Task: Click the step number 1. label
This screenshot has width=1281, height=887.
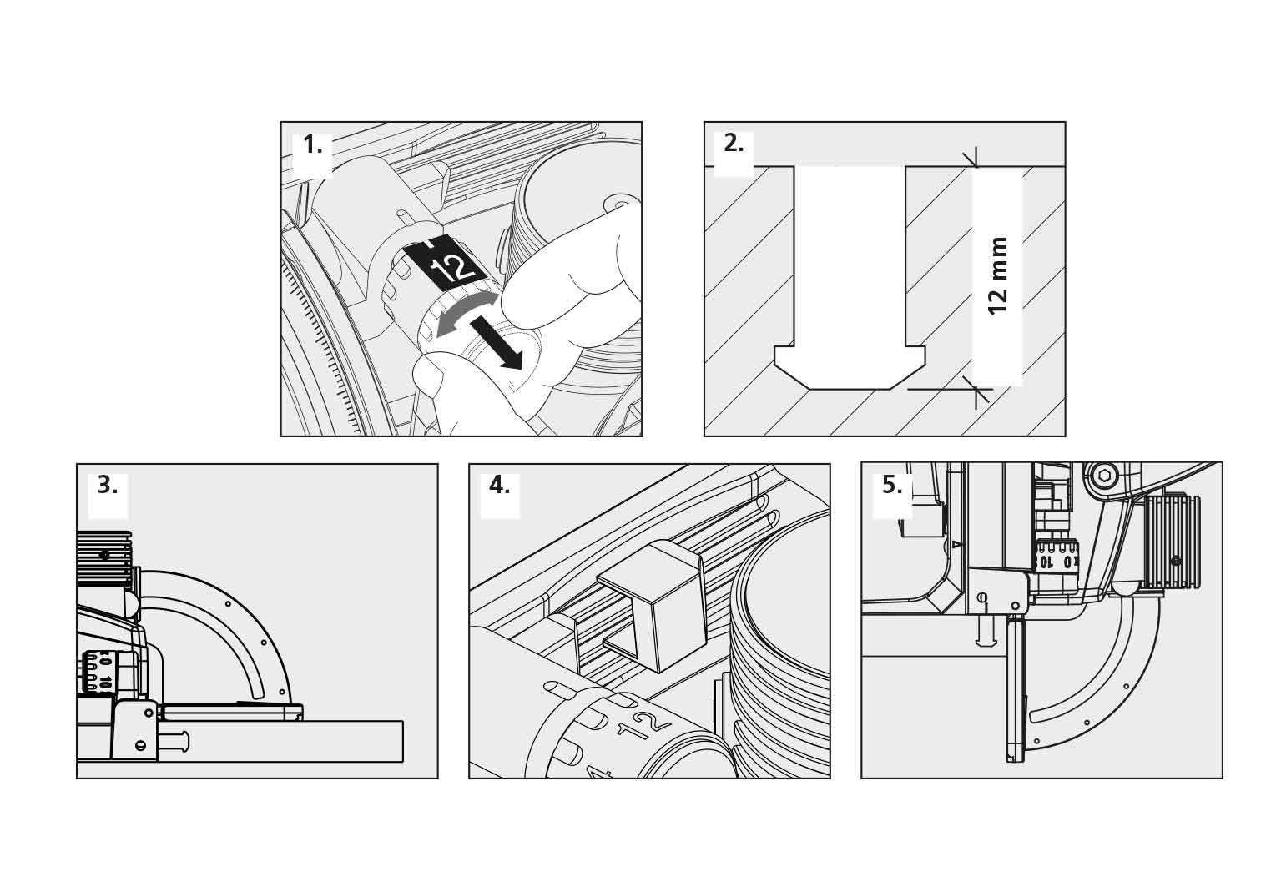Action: (312, 145)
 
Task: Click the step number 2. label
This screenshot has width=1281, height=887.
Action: (734, 144)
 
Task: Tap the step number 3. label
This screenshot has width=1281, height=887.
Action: (108, 485)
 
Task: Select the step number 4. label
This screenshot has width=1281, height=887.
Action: (499, 485)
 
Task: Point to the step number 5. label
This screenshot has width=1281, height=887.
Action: (892, 485)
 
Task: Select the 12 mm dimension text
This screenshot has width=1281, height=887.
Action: (998, 275)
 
